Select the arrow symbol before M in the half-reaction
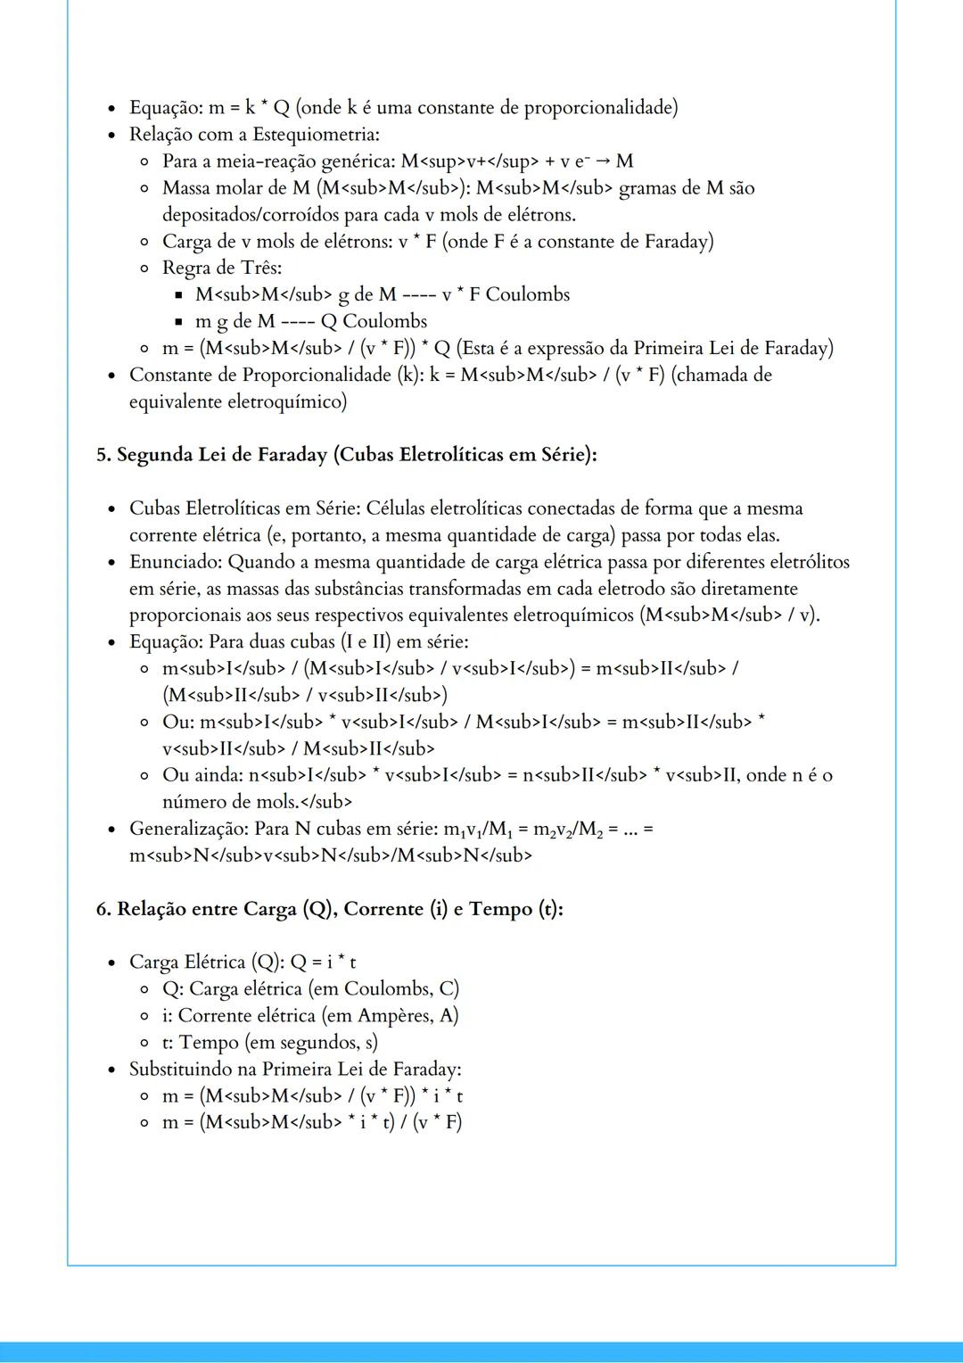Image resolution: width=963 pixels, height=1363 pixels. pos(604,161)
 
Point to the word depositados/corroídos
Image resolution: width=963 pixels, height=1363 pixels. pos(252,215)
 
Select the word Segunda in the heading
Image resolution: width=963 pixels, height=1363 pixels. pos(152,455)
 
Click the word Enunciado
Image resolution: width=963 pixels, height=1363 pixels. pos(176,562)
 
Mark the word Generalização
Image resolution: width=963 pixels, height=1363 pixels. pos(188,829)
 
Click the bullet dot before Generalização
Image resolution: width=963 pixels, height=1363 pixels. pos(111,830)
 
